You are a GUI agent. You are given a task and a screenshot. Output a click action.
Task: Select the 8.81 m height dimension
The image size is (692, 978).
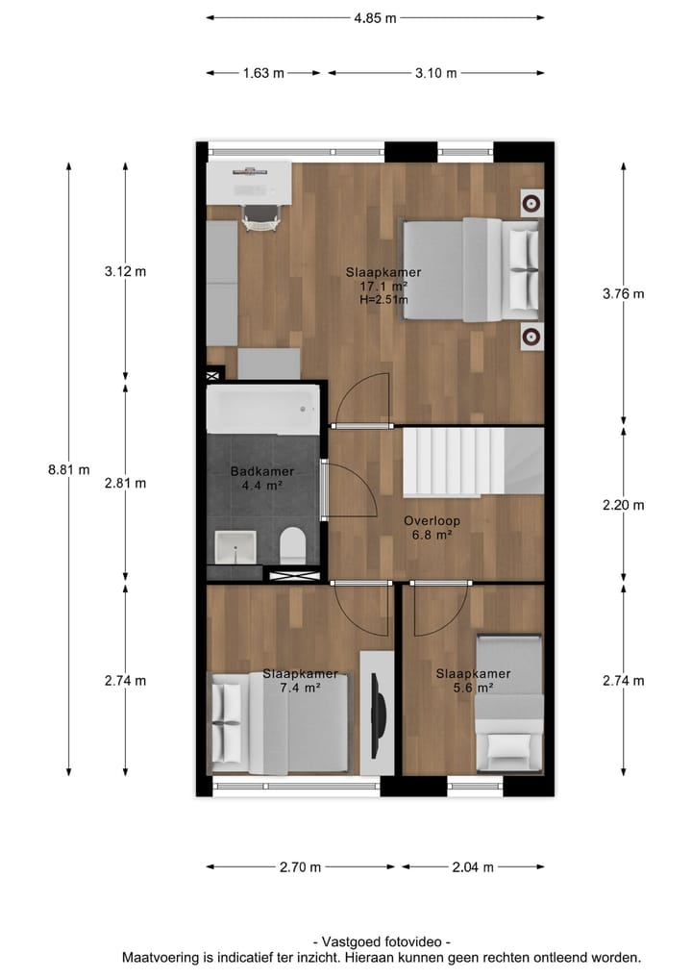(x=68, y=470)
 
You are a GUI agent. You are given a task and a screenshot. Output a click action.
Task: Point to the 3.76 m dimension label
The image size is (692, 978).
(x=623, y=294)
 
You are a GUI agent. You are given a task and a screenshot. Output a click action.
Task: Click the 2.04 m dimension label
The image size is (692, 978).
(x=473, y=867)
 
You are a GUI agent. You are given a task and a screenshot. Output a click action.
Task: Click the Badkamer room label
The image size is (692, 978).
(x=261, y=471)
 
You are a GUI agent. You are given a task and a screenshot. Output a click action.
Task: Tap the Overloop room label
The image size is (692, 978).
(x=432, y=521)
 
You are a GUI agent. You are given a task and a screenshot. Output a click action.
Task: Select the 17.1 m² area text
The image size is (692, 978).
(x=383, y=287)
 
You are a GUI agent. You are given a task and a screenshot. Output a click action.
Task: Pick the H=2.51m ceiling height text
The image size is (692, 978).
(x=383, y=300)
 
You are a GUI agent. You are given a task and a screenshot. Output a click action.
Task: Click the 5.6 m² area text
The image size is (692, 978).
(x=472, y=688)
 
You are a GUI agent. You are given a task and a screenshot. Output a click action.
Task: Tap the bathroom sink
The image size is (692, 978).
(x=235, y=546)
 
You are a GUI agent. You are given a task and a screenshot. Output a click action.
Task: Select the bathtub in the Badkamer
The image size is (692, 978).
(x=262, y=410)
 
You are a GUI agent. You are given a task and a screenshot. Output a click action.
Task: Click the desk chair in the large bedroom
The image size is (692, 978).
(x=259, y=218)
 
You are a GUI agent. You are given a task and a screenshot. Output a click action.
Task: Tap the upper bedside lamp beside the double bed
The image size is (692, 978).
(x=531, y=202)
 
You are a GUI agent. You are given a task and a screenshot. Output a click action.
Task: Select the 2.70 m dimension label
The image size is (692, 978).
(x=299, y=867)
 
